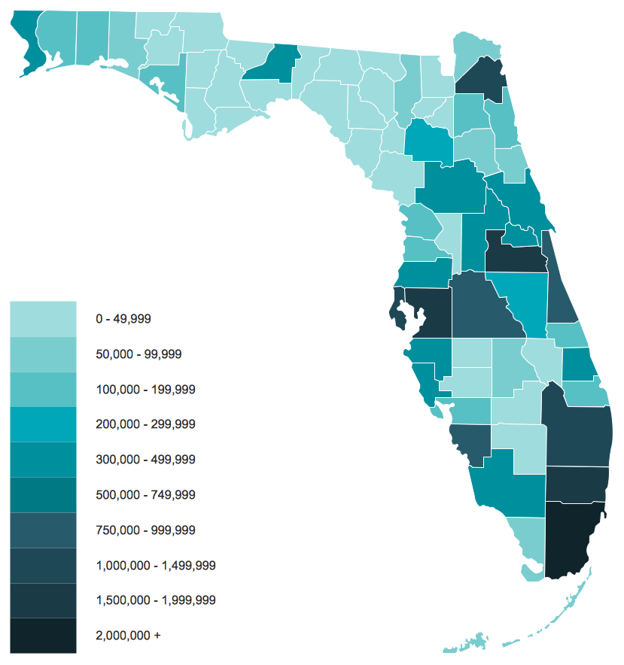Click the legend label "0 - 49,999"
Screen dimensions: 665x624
point(123,318)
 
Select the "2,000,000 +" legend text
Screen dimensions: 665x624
point(128,636)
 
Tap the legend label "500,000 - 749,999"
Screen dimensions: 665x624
point(145,494)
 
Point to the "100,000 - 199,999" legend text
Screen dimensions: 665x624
point(145,389)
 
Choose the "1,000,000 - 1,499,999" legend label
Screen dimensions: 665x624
point(156,565)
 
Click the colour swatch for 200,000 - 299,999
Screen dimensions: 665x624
point(43,424)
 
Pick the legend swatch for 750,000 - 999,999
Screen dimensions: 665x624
point(43,530)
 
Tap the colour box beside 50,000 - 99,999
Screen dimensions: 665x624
point(43,354)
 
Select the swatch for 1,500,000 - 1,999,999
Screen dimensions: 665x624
point(43,600)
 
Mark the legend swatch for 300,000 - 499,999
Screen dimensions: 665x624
point(43,460)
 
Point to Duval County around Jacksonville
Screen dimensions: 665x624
point(482,81)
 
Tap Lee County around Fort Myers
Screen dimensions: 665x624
point(470,444)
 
